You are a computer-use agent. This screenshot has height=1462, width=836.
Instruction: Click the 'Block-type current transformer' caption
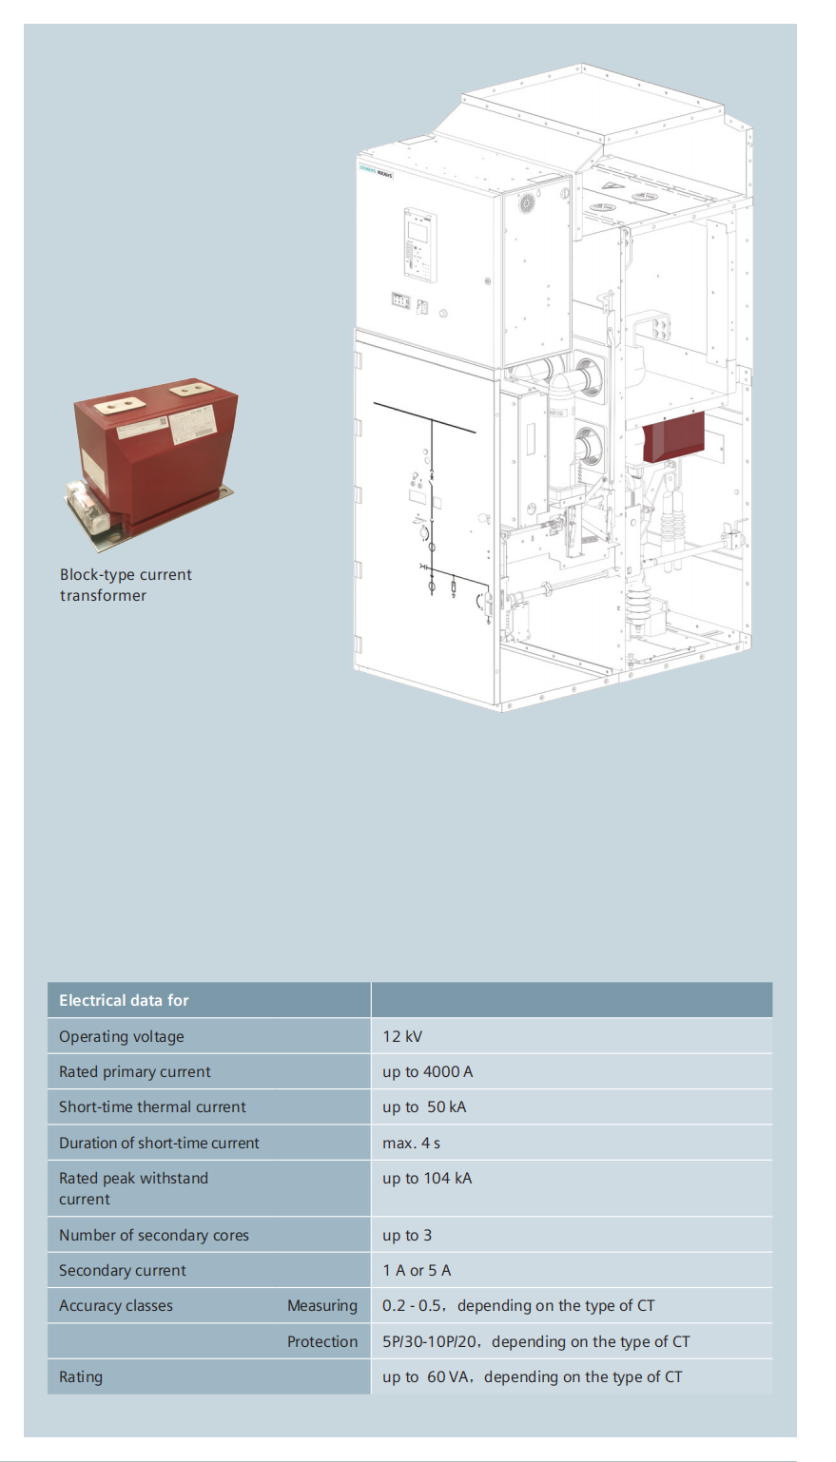coord(126,585)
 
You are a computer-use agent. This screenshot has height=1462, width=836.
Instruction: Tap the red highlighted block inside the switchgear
coord(673,437)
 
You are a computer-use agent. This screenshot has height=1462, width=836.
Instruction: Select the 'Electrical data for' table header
coord(124,1000)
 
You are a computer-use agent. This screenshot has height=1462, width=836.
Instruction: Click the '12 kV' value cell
coord(402,1036)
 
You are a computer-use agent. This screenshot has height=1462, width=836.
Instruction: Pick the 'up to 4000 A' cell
coord(427,1071)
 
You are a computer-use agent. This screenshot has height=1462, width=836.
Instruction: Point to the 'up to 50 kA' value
coord(424,1106)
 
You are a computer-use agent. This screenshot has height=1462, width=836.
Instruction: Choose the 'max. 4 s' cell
coord(411,1143)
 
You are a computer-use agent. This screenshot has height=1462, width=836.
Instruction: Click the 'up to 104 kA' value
coord(427,1178)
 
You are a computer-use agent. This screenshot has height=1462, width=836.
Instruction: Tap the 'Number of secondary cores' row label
coord(154,1235)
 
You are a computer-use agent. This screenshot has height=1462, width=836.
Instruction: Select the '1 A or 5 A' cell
coord(417,1270)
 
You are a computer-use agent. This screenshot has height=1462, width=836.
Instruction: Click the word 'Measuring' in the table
coord(322,1305)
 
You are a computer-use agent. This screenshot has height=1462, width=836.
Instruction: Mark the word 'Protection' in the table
coord(322,1341)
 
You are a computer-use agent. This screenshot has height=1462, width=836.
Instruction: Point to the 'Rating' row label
coord(81,1376)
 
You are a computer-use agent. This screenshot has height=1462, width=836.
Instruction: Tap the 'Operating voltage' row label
coord(122,1036)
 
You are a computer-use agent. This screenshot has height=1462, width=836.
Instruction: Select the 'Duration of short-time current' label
coord(159,1143)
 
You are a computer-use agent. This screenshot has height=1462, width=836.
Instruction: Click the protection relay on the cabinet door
coord(420,244)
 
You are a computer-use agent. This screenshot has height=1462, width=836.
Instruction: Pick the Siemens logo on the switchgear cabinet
coord(367,170)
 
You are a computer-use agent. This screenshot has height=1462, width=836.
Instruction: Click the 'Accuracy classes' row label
coord(116,1305)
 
